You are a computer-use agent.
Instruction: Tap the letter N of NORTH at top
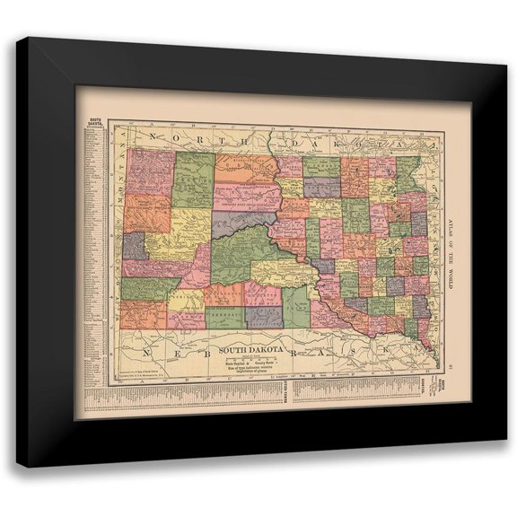155,136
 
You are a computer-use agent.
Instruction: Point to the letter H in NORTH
242,139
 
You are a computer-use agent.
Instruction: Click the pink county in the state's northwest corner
150,171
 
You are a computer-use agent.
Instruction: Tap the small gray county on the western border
134,245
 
